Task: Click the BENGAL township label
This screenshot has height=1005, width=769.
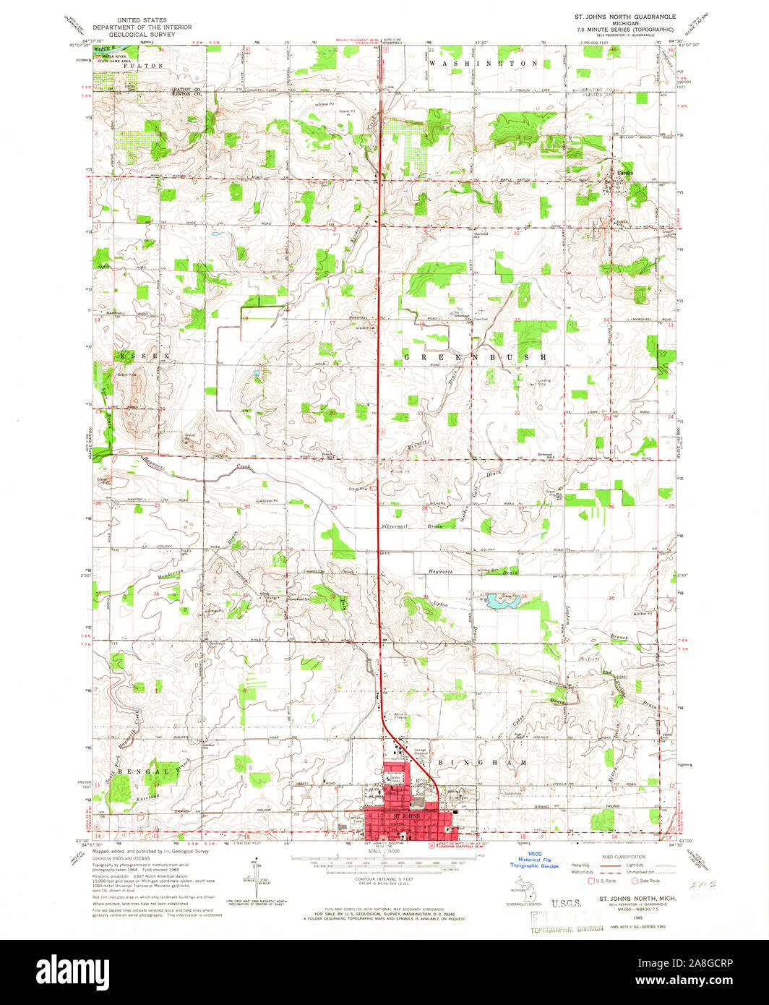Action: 140,771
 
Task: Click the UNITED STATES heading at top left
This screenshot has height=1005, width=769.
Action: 142,20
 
